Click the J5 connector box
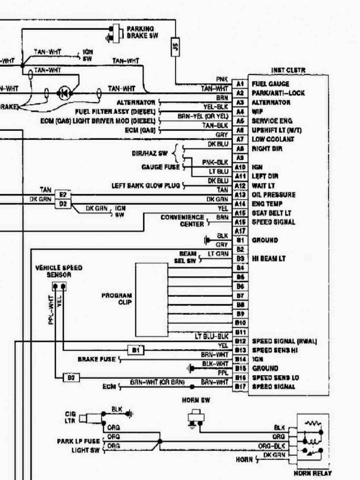click(x=175, y=46)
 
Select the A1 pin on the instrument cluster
click(x=240, y=84)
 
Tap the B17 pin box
click(x=240, y=387)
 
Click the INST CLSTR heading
click(x=288, y=70)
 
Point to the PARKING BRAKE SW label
click(x=140, y=32)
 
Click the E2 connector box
click(x=62, y=194)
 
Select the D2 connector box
click(x=62, y=203)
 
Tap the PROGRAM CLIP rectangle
click(x=152, y=300)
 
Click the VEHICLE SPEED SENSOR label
click(x=59, y=271)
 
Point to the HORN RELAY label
click(x=312, y=473)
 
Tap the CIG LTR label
click(x=69, y=417)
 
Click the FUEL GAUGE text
click(x=270, y=84)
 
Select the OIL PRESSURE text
click(x=273, y=195)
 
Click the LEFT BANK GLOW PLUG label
click(x=145, y=185)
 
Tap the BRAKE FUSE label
click(x=97, y=360)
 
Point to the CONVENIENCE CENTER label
click(x=182, y=220)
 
